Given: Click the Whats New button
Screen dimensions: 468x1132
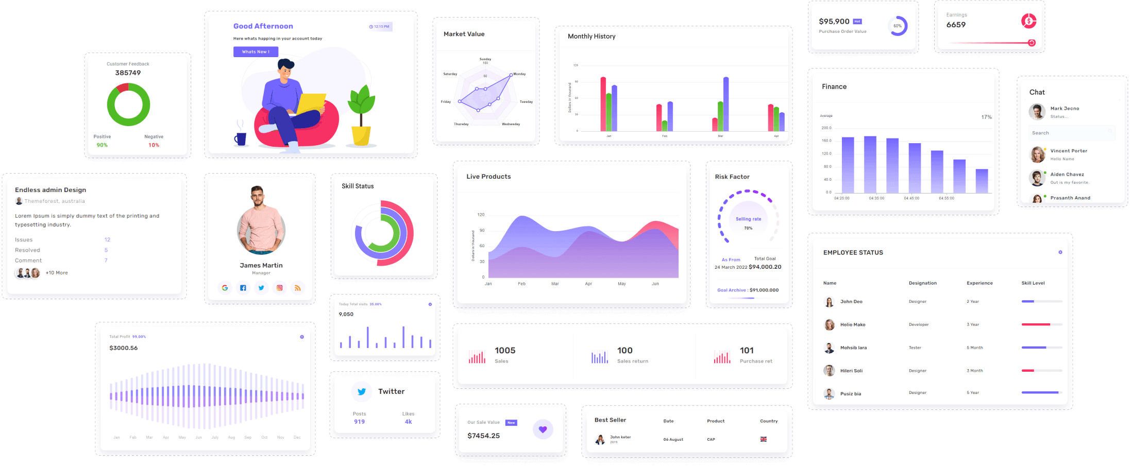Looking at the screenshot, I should (256, 51).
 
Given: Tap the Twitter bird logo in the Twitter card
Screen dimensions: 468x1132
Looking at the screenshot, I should (362, 392).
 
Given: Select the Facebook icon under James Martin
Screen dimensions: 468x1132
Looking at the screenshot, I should (243, 288).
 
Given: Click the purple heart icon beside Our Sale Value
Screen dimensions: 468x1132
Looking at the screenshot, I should (543, 429).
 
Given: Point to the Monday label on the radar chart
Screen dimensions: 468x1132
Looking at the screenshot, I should (519, 74).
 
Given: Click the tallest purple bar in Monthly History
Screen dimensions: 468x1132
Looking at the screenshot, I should (726, 103).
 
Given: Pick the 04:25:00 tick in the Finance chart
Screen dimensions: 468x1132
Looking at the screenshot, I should (842, 198).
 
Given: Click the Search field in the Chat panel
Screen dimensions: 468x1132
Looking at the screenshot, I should (1071, 133).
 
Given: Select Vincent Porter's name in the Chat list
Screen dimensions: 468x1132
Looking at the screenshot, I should (1069, 151).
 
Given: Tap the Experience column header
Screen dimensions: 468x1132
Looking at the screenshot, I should (979, 283).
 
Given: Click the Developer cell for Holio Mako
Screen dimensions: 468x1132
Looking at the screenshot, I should (919, 325).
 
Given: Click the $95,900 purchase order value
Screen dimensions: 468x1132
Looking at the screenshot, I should (834, 22).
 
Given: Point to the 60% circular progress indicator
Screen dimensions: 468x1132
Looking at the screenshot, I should (898, 26).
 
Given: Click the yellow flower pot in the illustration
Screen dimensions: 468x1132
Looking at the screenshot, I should (361, 135).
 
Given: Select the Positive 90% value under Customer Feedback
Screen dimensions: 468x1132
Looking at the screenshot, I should (102, 145).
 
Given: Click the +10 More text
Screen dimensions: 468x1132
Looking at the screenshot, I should (57, 273).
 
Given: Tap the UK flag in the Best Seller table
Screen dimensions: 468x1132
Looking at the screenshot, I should (764, 439).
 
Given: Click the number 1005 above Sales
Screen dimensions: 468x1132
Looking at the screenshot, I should (505, 351).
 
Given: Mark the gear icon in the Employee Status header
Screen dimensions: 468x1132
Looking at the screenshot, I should (1060, 252).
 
